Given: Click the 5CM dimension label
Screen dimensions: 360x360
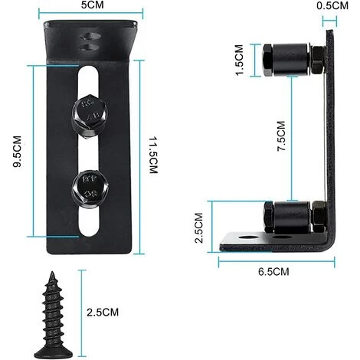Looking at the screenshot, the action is tap(93, 5).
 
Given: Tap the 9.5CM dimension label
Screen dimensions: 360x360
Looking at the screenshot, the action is tap(18, 152).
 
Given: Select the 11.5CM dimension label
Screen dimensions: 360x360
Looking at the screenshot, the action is tap(153, 155).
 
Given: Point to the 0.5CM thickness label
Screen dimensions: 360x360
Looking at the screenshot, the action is tap(332, 5).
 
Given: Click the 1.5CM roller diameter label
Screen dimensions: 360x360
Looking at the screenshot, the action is tap(240, 61).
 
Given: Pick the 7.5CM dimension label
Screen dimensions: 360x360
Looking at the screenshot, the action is tap(281, 136).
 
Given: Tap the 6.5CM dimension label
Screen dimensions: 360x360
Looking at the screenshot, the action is tap(273, 272).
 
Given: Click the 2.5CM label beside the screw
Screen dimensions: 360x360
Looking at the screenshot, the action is tap(103, 313).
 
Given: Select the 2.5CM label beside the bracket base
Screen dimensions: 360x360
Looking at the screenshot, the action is tap(198, 227).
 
